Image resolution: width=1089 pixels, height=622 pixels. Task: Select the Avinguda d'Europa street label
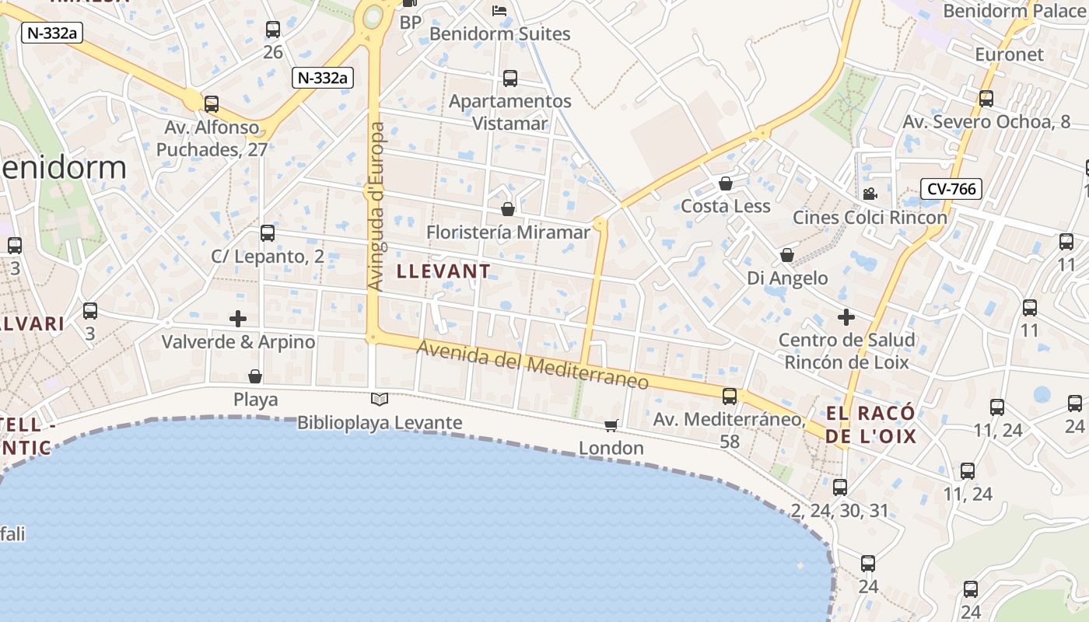(376, 207)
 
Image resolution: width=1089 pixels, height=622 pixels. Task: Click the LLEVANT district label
(444, 271)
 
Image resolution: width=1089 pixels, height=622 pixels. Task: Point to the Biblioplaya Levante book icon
(380, 400)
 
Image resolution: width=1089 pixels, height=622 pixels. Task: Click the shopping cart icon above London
(611, 425)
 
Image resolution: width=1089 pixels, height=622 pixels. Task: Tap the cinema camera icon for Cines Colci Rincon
(870, 194)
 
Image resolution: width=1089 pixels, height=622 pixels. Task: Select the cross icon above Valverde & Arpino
(238, 319)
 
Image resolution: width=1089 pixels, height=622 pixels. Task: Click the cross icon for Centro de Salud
(846, 317)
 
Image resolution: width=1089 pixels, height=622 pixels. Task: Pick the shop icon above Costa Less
(726, 183)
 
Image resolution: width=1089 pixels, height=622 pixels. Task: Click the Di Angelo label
(787, 278)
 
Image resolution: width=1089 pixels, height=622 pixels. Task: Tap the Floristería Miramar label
(508, 232)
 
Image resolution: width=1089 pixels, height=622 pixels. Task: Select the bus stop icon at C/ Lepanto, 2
(268, 233)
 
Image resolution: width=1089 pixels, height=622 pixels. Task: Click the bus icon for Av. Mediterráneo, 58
(730, 397)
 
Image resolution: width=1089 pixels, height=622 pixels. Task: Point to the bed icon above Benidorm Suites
(499, 11)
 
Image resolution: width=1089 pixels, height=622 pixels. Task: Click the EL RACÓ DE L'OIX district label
(870, 425)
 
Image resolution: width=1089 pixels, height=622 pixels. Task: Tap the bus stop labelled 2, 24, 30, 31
(840, 488)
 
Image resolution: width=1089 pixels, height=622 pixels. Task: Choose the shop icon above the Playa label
(255, 377)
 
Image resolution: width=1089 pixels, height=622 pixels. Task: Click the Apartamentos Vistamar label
(510, 112)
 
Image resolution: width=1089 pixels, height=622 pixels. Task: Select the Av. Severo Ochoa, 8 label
(986, 122)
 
